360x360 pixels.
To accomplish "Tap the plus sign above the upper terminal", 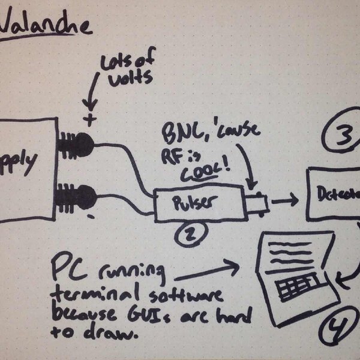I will (x=90, y=119).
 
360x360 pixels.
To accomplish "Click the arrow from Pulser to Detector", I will (x=284, y=200).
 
